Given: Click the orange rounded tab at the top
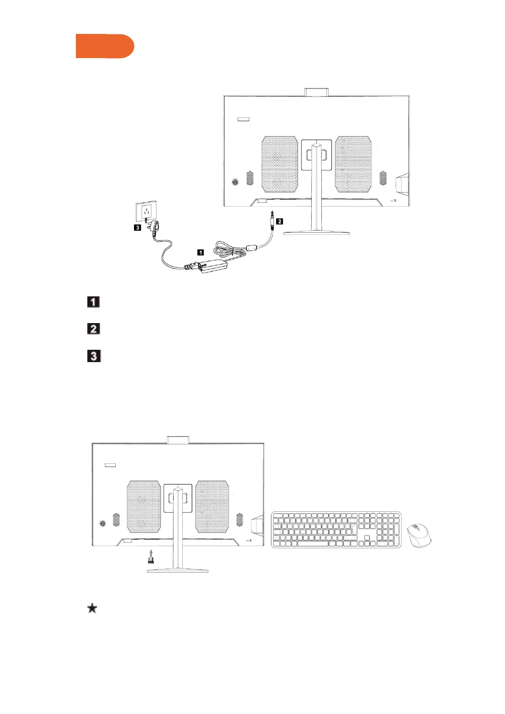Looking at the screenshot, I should tap(105, 46).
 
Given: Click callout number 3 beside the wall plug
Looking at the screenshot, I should tap(137, 228).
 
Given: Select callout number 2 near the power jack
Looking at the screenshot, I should tap(279, 221).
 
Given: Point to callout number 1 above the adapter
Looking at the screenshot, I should tap(201, 252).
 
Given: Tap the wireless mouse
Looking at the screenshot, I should tap(419, 535).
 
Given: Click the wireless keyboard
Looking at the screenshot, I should tap(336, 530).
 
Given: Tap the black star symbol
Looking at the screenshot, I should tap(92, 608).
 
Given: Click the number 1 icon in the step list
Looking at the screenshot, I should tap(93, 302).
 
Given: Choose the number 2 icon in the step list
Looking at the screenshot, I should tap(93, 329).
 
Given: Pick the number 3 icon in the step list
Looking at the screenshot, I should tap(94, 356).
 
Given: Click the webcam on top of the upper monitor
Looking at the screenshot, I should tap(317, 92).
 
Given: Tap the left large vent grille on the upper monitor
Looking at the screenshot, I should tap(280, 164).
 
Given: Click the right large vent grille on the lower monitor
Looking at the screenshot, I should tap(212, 507).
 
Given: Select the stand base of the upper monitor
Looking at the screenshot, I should tap(316, 232).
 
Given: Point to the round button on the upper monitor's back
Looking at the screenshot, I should tap(235, 182).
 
